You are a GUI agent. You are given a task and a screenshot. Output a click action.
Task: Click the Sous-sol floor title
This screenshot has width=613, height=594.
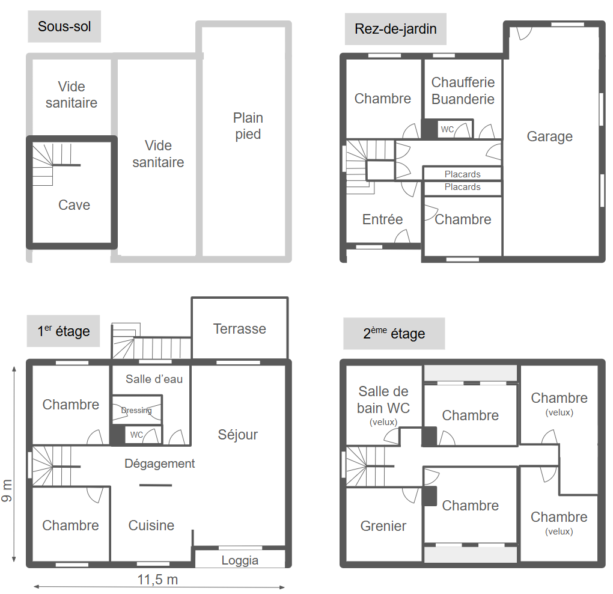(x=64, y=26)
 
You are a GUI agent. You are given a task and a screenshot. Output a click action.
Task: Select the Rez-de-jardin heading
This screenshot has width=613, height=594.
(x=395, y=29)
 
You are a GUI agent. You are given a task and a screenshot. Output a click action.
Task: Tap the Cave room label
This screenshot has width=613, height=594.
(x=75, y=205)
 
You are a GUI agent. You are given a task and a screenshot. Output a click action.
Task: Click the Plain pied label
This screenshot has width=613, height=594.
(x=248, y=126)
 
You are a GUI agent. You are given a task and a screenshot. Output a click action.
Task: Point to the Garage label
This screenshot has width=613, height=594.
(x=550, y=136)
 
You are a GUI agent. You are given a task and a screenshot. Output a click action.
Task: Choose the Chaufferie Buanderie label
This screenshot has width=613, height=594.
(x=463, y=91)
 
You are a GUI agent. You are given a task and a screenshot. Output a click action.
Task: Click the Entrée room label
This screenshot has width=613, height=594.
(x=382, y=219)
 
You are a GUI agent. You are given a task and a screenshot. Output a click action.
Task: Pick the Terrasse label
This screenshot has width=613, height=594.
(x=240, y=329)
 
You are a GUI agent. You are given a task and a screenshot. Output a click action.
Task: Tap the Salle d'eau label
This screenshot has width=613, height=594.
(x=154, y=379)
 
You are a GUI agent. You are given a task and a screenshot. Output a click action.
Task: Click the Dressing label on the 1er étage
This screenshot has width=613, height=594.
(x=136, y=410)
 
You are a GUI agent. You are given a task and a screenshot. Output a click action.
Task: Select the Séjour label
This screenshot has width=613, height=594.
(x=238, y=435)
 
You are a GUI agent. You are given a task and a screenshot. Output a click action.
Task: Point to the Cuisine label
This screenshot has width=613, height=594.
(x=151, y=525)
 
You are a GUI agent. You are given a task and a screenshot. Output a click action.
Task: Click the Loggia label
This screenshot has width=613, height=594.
(x=240, y=561)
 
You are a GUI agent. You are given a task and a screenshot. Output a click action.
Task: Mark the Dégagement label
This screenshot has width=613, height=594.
(x=159, y=464)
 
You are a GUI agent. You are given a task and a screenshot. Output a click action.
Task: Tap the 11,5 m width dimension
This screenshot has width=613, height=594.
(x=157, y=580)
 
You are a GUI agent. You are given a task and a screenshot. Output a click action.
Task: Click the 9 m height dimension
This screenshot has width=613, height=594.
(x=7, y=491)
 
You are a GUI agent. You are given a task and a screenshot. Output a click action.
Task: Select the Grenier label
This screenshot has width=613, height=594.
(x=383, y=526)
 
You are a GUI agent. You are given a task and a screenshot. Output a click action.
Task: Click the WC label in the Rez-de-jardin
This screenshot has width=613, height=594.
(x=447, y=129)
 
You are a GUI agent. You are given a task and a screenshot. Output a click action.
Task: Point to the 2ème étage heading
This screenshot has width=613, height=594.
(x=394, y=334)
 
